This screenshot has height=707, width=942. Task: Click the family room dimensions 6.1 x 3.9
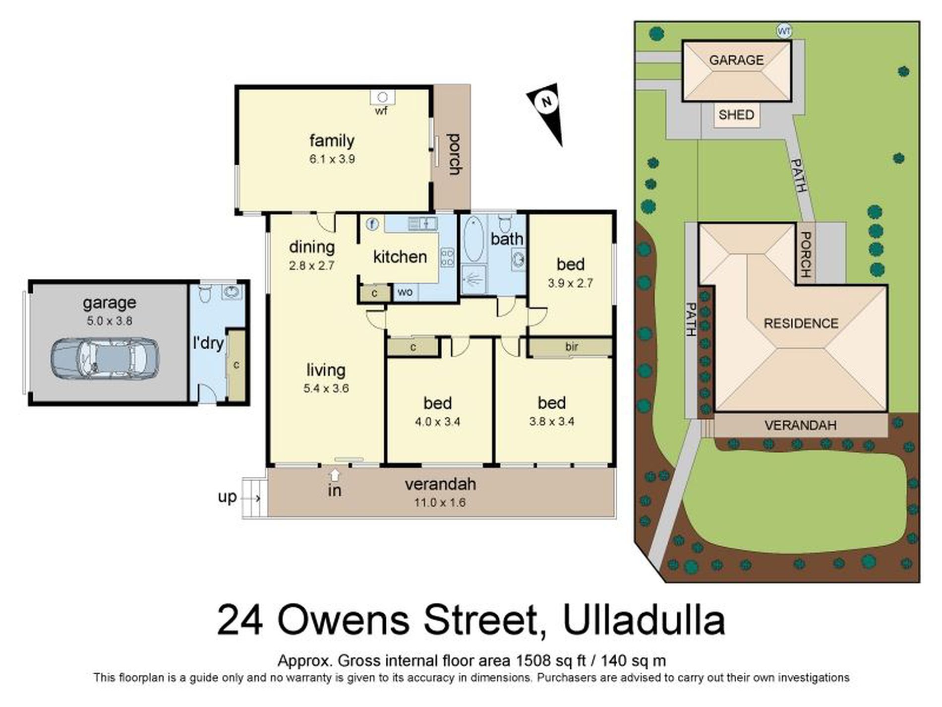[332, 159]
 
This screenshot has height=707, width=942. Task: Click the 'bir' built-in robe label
[572, 347]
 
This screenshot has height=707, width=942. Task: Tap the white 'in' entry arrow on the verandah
[335, 475]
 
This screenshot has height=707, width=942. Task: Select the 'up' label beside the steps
[227, 497]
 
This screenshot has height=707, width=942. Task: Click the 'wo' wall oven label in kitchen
[405, 292]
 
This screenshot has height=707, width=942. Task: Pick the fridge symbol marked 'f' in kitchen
[372, 224]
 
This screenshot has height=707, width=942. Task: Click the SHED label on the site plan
[736, 115]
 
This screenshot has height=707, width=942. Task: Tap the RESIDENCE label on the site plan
[801, 323]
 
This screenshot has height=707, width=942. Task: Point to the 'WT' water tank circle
[783, 31]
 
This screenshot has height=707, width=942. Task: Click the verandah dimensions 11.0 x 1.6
[440, 503]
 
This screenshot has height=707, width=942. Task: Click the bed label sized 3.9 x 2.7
[570, 264]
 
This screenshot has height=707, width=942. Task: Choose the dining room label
[311, 247]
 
